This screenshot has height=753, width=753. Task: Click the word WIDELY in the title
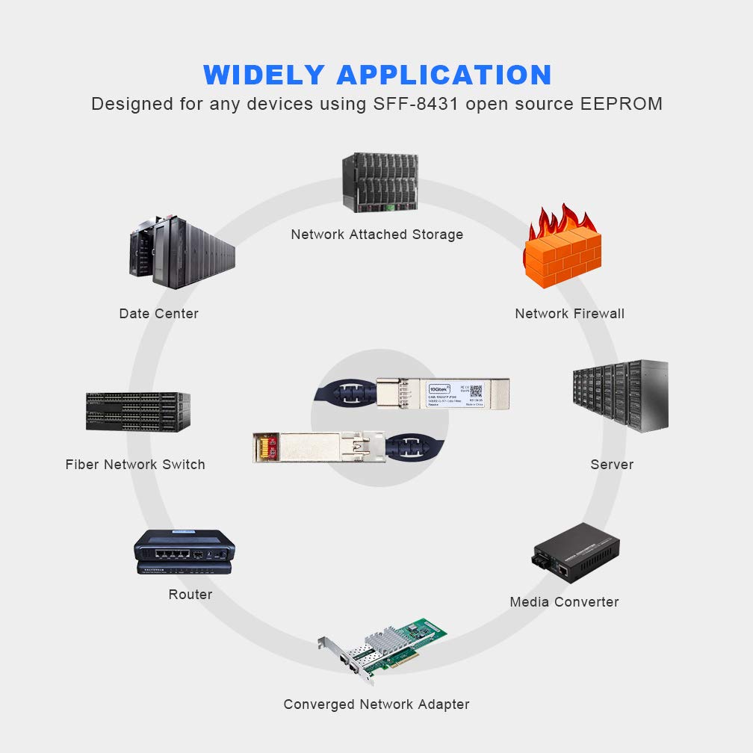(264, 75)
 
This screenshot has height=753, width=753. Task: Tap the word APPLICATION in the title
(444, 75)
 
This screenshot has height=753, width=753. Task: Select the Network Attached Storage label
(376, 235)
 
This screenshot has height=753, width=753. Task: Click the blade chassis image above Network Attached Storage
(379, 183)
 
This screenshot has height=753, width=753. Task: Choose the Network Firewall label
(569, 314)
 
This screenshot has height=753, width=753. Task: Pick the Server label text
(612, 465)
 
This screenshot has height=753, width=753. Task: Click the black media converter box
(576, 554)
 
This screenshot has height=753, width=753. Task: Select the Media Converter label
(564, 602)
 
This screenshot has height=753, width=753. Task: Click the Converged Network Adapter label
(376, 704)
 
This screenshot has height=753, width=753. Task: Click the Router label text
(190, 595)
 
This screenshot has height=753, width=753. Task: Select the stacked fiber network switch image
(138, 412)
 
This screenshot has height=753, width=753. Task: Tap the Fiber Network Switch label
(135, 465)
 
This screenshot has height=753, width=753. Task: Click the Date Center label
(158, 314)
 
